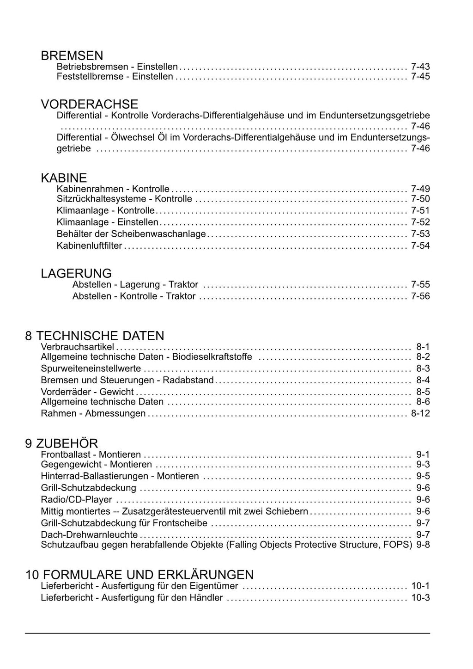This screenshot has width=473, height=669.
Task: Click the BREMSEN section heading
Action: [x=72, y=56]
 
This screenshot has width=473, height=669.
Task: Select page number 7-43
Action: [x=420, y=67]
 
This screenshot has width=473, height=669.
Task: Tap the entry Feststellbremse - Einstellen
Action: [x=115, y=76]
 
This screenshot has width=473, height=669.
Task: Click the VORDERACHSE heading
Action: [x=90, y=104]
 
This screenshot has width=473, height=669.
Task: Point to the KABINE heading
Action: [x=64, y=178]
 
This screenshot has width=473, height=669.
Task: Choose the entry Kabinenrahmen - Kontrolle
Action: [x=113, y=189]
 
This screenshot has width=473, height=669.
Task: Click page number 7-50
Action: [x=420, y=199]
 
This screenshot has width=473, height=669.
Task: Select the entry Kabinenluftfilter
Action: [x=89, y=246]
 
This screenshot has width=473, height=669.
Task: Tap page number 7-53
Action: [x=420, y=234]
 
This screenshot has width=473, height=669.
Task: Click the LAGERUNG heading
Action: [x=76, y=273]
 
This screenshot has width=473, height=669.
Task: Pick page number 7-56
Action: [x=420, y=296]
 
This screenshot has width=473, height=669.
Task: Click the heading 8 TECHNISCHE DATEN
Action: [x=95, y=336]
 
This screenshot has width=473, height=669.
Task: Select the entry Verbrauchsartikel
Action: [x=78, y=346]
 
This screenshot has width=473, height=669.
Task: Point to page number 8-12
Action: [x=420, y=413]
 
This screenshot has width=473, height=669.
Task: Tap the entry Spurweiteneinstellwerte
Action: [x=91, y=368]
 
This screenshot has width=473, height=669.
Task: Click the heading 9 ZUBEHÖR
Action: [x=61, y=443]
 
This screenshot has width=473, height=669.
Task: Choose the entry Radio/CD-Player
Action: [x=77, y=499]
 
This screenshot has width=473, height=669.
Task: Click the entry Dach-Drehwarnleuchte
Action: [x=89, y=534]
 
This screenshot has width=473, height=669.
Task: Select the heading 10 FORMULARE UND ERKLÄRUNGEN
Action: [x=139, y=575]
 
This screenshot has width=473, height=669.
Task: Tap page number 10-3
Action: [x=420, y=598]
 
